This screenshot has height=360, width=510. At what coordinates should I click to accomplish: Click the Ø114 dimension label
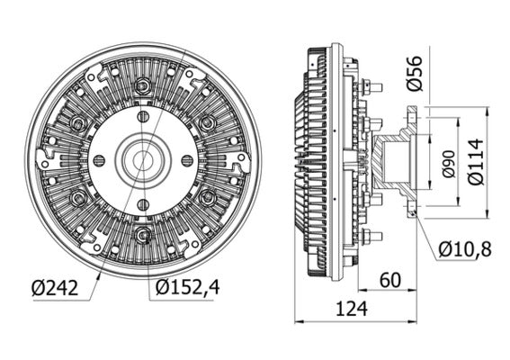pyautogui.click(x=478, y=161)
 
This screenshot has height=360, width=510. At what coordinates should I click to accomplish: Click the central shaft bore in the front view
pyautogui.click(x=142, y=160)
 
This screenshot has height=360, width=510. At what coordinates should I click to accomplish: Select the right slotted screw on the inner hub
pyautogui.click(x=187, y=160)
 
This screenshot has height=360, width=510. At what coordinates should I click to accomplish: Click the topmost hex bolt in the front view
pyautogui.click(x=142, y=86)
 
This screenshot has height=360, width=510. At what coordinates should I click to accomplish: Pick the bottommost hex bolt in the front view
pyautogui.click(x=142, y=237)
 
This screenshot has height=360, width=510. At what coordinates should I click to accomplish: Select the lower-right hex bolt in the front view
pyautogui.click(x=207, y=197)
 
